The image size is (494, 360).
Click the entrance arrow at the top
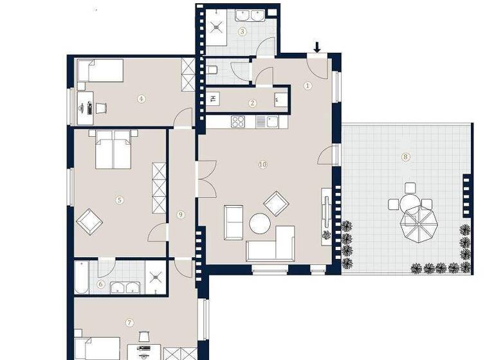[x=317, y=47]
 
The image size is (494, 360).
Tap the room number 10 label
[x=262, y=165]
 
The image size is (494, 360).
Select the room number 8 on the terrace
[x=405, y=156]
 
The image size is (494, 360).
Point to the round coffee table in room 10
[x=260, y=223]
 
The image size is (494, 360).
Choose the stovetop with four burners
[x=238, y=121]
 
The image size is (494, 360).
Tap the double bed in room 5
[x=113, y=149]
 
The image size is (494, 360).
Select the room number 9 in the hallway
[x=181, y=214]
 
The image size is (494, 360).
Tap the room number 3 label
[x=242, y=31]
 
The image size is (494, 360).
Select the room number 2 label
[x=253, y=103]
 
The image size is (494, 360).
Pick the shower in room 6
[x=156, y=277]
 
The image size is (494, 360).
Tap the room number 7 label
[x=129, y=322]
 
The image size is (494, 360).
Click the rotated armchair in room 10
[x=277, y=204]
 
